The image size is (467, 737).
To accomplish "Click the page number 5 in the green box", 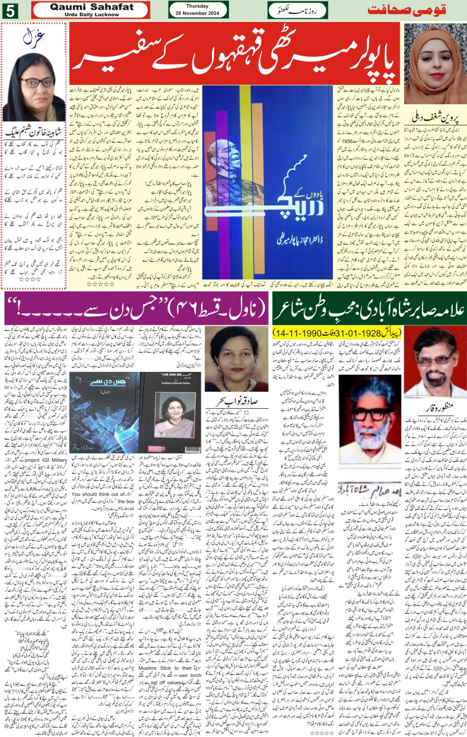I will [9, 10].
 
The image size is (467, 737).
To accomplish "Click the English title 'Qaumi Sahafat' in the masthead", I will [91, 7].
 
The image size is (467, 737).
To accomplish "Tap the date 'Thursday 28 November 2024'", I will [198, 10].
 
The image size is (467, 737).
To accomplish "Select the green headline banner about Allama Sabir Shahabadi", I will [369, 309].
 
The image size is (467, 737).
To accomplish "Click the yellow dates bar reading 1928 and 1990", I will [337, 333].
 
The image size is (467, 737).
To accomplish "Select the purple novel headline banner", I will [136, 309].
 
